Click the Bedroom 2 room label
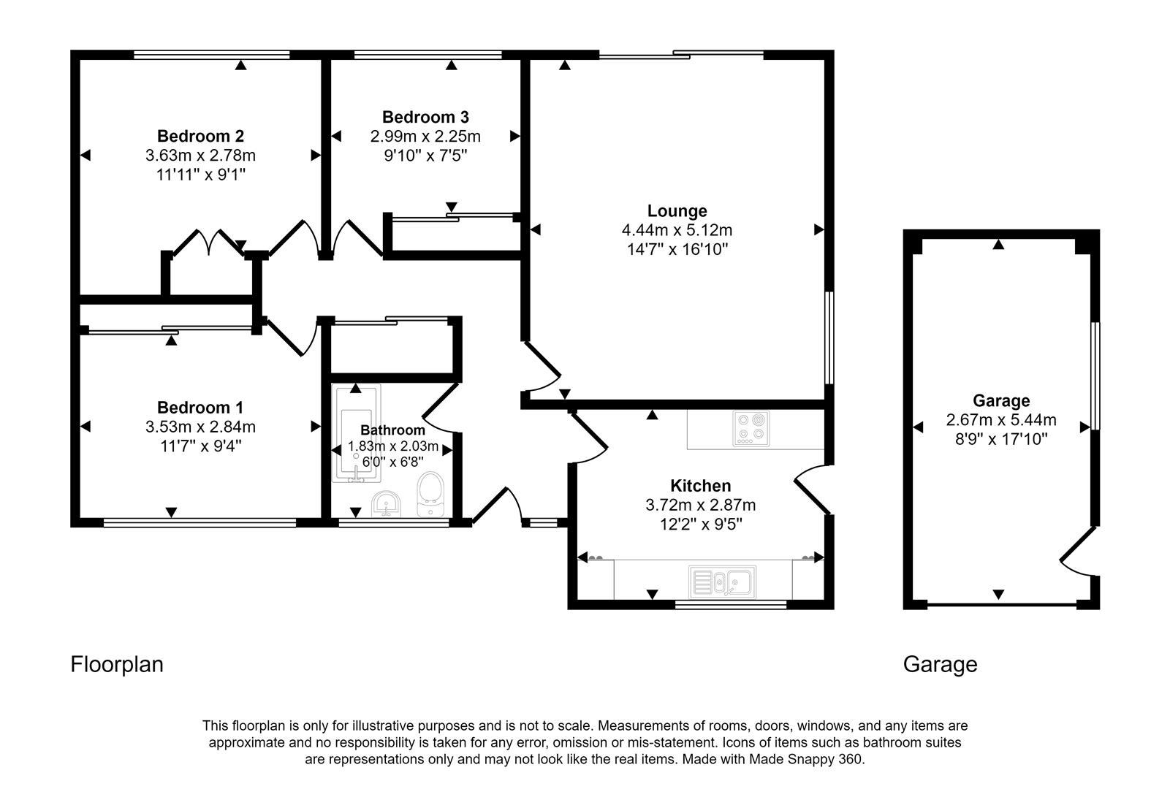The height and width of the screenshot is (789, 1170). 200,136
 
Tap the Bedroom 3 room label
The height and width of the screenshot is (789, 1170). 425,117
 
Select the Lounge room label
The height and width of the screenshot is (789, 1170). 677,211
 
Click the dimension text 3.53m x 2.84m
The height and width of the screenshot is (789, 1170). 200,427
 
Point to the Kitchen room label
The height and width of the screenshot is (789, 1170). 700,486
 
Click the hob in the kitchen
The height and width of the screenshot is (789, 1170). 752,429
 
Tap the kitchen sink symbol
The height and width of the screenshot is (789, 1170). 723,582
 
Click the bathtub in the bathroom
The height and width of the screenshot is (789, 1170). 356,434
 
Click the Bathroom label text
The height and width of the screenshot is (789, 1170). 392,430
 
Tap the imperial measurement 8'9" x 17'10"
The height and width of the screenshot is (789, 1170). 1000,439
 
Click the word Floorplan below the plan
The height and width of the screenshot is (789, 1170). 117,664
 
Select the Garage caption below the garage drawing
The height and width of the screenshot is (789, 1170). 940,664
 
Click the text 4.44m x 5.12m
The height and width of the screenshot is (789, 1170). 677,230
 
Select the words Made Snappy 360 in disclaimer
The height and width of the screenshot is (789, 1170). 806,759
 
